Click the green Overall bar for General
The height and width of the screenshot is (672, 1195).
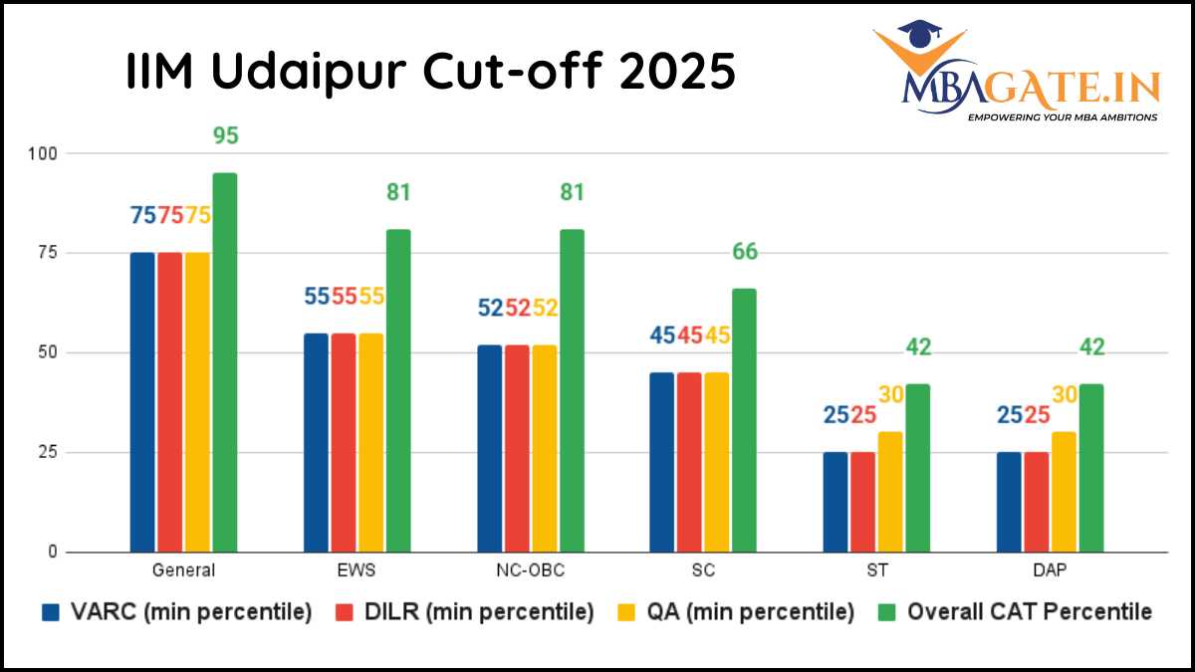point(225,362)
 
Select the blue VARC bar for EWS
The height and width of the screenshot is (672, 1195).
point(316,442)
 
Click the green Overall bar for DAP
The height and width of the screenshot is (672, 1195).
point(1090,468)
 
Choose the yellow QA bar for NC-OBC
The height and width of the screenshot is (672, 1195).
point(544,448)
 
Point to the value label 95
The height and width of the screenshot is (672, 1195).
point(226,135)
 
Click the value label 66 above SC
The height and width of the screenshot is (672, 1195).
point(745,252)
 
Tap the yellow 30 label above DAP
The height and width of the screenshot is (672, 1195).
point(1065,394)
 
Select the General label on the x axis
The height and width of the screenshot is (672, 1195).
point(184,571)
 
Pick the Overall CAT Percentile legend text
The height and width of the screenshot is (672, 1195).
point(1029,612)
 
